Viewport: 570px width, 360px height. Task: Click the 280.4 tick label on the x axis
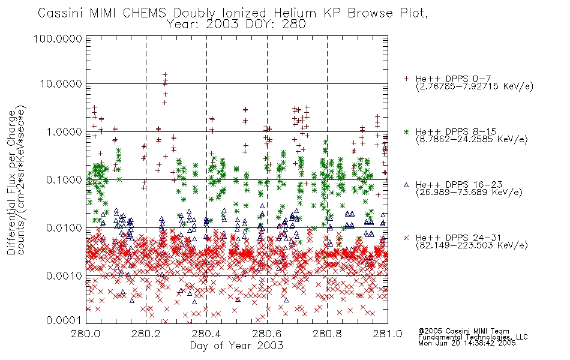206,334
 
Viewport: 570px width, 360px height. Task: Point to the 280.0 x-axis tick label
86,334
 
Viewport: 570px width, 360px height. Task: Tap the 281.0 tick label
388,334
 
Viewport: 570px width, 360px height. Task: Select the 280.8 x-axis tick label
327,334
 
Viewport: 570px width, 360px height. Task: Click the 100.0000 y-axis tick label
58,38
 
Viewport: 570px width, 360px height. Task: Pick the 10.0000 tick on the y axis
61,84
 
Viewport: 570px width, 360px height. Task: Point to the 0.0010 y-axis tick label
64,276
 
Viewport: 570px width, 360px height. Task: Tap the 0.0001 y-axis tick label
64,320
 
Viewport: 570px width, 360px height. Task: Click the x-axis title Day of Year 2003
236,346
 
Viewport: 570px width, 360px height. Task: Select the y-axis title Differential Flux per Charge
11,182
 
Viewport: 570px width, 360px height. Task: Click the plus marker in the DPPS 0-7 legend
406,79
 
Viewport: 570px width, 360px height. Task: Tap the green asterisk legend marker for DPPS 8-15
406,131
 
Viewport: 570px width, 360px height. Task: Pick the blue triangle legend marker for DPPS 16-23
406,185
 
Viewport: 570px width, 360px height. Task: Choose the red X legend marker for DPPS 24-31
406,238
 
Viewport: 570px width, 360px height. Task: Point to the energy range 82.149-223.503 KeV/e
472,245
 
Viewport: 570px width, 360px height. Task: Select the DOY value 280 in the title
295,25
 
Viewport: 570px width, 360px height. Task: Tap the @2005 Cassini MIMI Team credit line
463,331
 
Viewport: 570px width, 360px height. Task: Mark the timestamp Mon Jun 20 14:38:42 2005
467,343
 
